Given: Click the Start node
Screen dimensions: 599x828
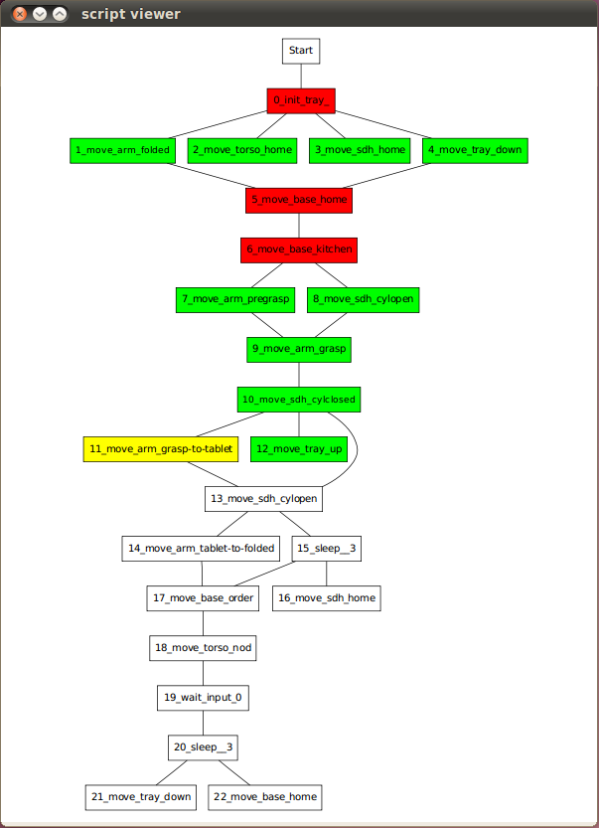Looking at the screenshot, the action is pos(301,52).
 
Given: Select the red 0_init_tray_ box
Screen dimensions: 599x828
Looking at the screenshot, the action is pos(301,100).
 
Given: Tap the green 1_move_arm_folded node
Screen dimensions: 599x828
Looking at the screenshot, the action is pos(122,150).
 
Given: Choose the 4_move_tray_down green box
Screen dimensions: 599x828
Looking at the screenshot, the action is pos(475,150).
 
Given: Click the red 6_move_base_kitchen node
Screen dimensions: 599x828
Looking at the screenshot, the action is pos(299,249).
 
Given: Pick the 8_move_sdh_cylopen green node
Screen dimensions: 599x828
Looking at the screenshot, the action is pos(364,300).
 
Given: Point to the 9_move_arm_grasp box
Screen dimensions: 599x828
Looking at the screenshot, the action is pos(299,349).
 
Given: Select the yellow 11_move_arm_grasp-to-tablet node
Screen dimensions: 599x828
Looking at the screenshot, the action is pos(161,449).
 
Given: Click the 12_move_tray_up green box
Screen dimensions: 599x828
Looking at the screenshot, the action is pos(299,449).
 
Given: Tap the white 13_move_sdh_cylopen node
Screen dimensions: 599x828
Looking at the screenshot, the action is pos(263,499).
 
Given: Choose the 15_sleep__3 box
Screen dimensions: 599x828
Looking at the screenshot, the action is pos(326,549).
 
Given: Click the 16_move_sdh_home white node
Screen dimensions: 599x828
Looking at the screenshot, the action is pos(326,598).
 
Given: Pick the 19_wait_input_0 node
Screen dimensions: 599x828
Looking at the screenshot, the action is pos(203,698).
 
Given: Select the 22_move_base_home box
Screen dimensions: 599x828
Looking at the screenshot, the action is pos(265,797).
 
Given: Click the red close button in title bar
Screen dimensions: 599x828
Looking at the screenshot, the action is pos(20,14).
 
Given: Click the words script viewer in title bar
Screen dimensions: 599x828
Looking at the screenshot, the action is pos(131,14).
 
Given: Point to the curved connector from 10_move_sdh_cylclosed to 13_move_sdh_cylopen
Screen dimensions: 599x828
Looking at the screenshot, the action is pos(358,449).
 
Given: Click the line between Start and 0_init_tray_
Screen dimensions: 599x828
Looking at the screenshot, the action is pos(301,76).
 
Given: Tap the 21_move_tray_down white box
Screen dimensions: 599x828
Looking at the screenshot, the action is pos(141,797).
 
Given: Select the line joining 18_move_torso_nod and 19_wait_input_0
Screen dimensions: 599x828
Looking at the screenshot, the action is pos(204,673).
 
